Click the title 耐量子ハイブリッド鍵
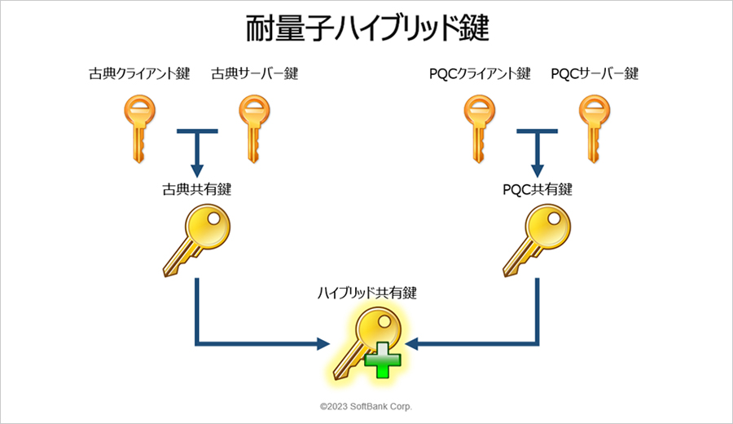pyautogui.click(x=366, y=29)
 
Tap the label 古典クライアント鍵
pyautogui.click(x=139, y=74)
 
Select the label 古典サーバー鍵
pyautogui.click(x=254, y=74)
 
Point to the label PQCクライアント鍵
pyautogui.click(x=480, y=74)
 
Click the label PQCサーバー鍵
pyautogui.click(x=595, y=74)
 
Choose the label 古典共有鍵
pyautogui.click(x=196, y=189)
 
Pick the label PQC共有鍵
pyautogui.click(x=537, y=189)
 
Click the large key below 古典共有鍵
pyautogui.click(x=195, y=238)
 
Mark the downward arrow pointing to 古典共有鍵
pyautogui.click(x=196, y=155)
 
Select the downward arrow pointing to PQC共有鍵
pyautogui.click(x=537, y=155)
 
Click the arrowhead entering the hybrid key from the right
pyautogui.click(x=412, y=344)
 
